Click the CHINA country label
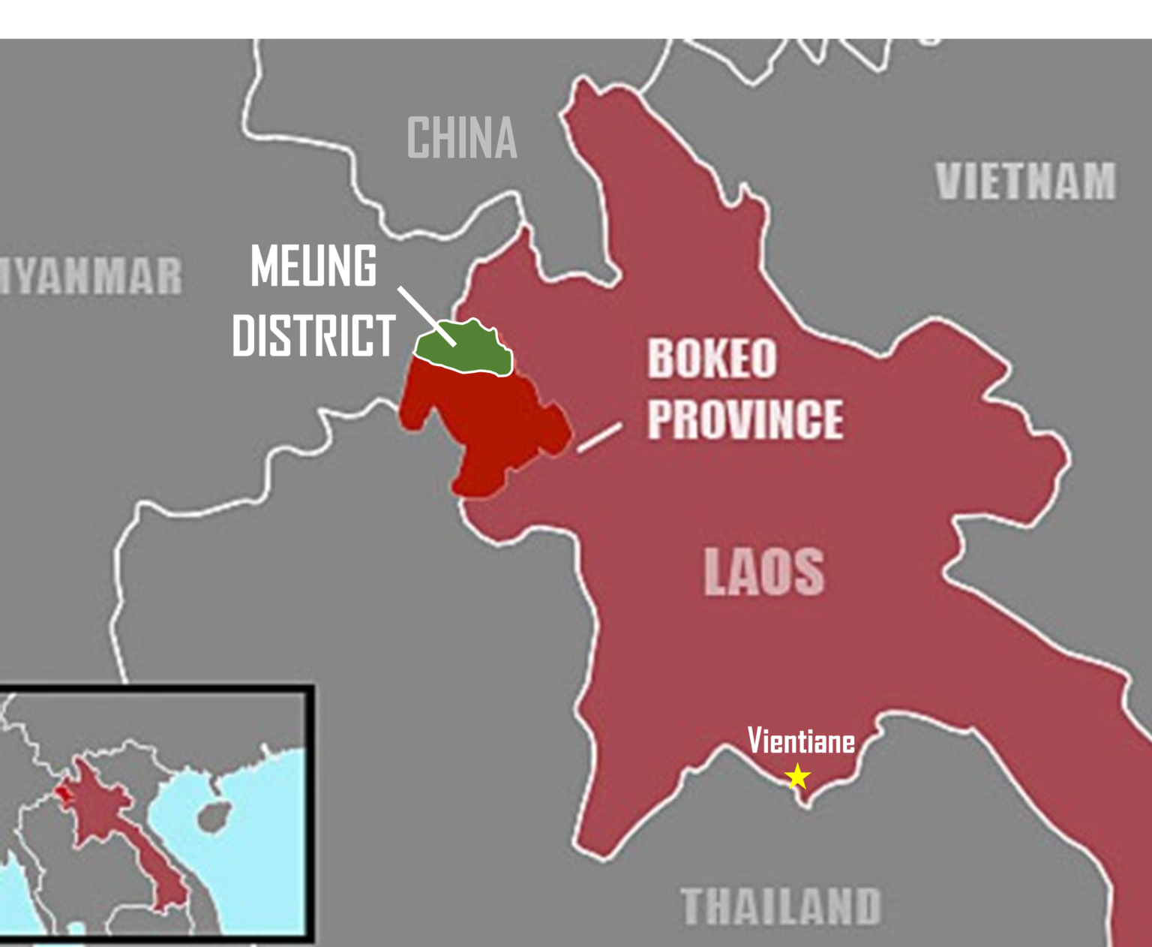pyautogui.click(x=462, y=138)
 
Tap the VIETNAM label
pyautogui.click(x=1025, y=182)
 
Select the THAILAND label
pyautogui.click(x=781, y=906)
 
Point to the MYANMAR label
pyautogui.click(x=90, y=276)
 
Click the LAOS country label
pyautogui.click(x=763, y=572)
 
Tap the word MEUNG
pyautogui.click(x=313, y=266)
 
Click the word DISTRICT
pyautogui.click(x=313, y=335)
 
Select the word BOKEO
pyautogui.click(x=712, y=359)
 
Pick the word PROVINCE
pyautogui.click(x=745, y=419)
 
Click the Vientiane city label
pyautogui.click(x=801, y=741)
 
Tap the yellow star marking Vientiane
pyautogui.click(x=797, y=776)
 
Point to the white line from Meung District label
pyautogui.click(x=426, y=315)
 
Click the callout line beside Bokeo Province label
pyautogui.click(x=599, y=437)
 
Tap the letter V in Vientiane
pyautogui.click(x=754, y=741)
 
